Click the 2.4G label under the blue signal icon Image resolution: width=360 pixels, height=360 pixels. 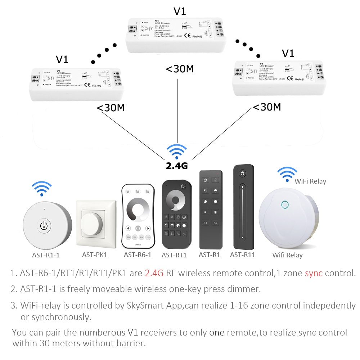177,166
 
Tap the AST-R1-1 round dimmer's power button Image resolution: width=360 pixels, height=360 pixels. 44,226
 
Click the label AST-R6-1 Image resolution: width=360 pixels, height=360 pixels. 138,255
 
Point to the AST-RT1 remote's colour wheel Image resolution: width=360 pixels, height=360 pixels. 176,201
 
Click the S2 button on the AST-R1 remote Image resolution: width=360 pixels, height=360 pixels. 215,223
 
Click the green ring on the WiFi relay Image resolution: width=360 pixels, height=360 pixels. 285,205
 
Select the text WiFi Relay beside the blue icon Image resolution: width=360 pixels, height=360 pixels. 310,181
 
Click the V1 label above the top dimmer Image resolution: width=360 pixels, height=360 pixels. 180,11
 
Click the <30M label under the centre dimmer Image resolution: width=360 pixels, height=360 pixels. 179,68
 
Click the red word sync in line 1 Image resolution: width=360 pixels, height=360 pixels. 314,273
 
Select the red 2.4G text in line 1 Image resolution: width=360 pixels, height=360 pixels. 154,273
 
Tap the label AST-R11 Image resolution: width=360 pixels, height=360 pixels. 243,255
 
